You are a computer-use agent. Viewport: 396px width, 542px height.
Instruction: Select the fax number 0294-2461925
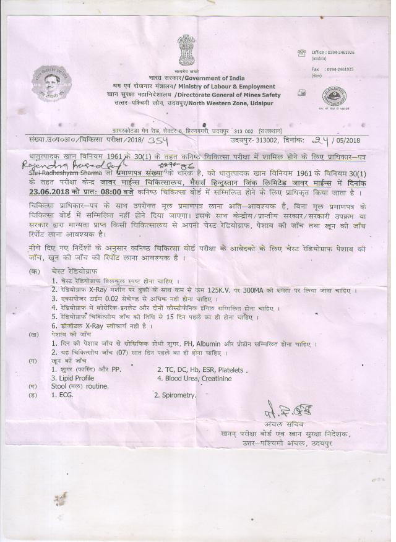tap(340, 69)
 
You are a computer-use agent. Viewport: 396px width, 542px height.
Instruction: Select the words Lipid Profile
tap(73, 377)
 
